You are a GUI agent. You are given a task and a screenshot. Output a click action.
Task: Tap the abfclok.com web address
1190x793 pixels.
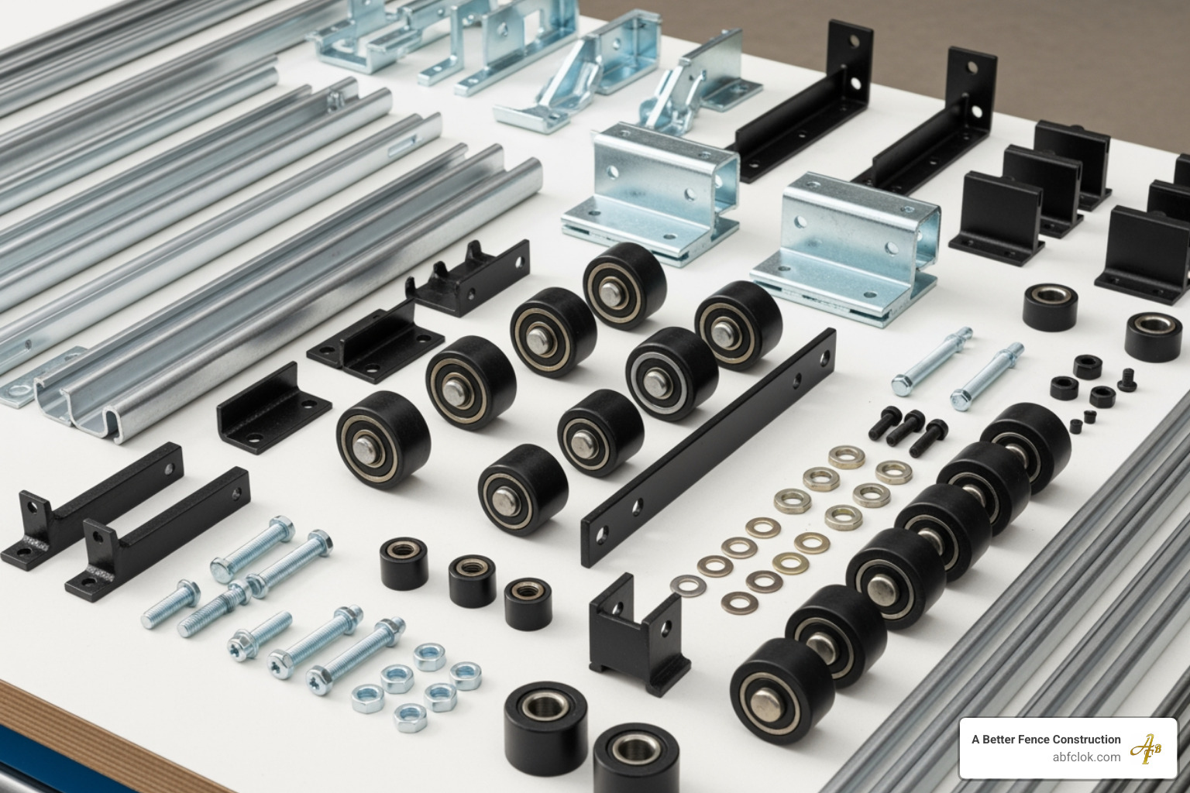[x=1086, y=757]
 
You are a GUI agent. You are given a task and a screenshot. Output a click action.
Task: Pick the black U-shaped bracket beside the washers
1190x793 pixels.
[x=637, y=636]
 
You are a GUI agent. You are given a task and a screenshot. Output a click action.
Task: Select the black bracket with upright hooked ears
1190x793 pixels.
[x=469, y=278]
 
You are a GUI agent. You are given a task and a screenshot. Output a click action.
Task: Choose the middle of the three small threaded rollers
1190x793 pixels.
[x=472, y=579]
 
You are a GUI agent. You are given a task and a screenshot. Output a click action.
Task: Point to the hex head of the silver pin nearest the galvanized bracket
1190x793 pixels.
[x=900, y=385]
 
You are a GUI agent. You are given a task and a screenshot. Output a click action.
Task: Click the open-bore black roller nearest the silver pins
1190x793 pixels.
[x=1050, y=306]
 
